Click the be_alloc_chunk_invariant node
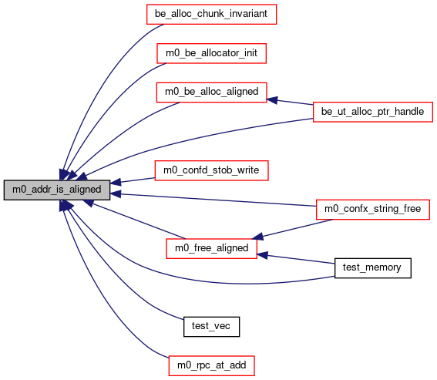point(211,14)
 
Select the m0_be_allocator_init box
point(211,53)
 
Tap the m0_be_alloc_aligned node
point(211,92)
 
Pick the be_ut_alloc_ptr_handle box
point(373,112)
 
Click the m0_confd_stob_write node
point(211,170)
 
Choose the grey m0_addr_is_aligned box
point(57,190)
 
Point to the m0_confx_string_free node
point(373,210)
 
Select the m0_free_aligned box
point(211,248)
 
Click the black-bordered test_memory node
point(373,268)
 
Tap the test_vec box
point(211,327)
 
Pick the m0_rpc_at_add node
point(211,365)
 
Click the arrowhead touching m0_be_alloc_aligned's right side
point(272,99)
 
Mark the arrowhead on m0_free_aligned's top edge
point(257,237)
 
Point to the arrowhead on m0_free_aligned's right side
point(262,255)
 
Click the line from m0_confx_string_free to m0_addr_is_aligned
point(213,200)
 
